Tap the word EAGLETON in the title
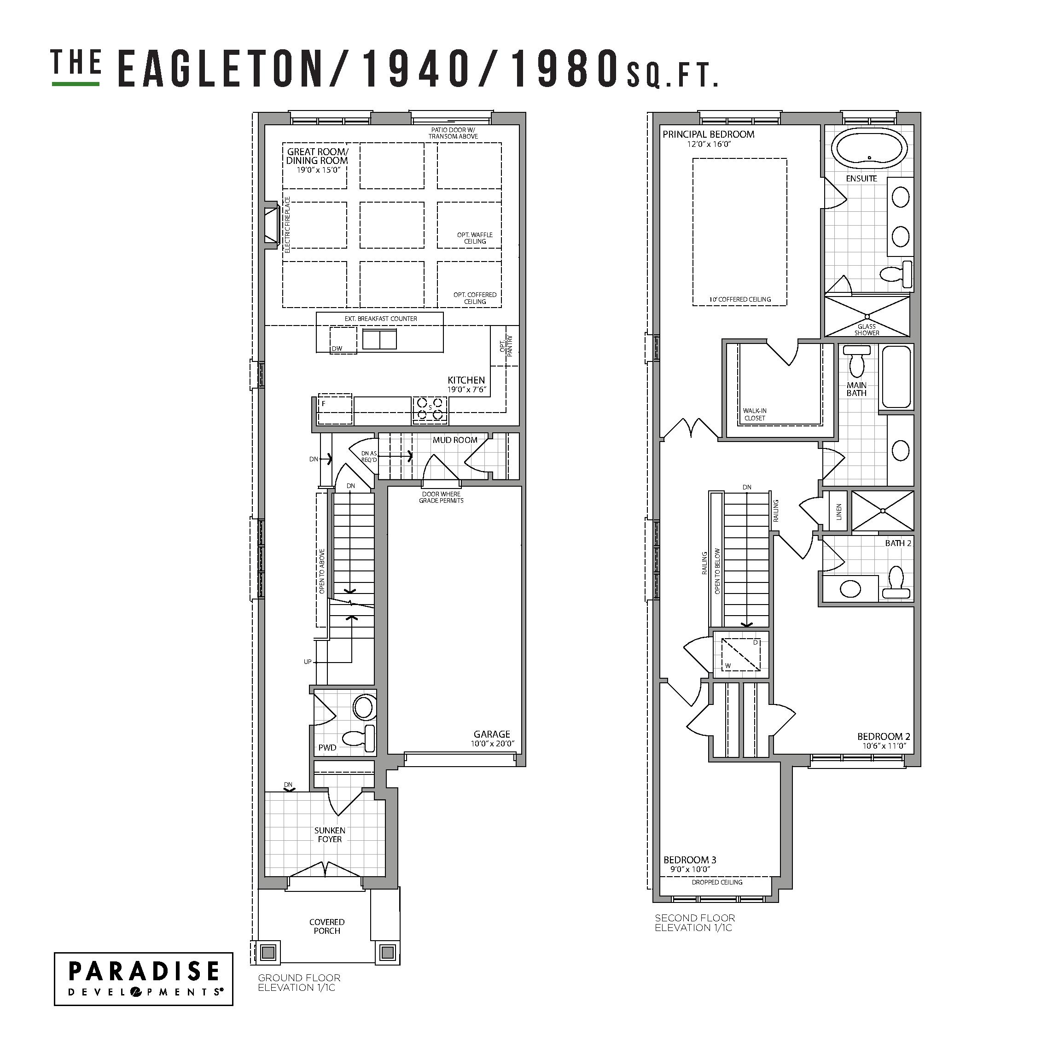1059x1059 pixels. point(219,69)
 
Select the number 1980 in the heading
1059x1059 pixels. point(561,69)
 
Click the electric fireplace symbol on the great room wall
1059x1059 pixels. point(271,225)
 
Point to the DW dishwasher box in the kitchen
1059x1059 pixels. point(343,340)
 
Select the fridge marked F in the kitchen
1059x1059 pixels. point(335,408)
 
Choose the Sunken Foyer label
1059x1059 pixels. point(329,835)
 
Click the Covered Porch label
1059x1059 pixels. point(327,926)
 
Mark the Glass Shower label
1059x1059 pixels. point(867,329)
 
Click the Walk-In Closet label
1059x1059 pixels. point(755,414)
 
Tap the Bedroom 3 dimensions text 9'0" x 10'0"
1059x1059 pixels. point(690,869)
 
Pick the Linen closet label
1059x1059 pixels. point(838,512)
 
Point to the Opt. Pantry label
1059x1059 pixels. point(506,346)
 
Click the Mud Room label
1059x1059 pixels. point(455,440)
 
